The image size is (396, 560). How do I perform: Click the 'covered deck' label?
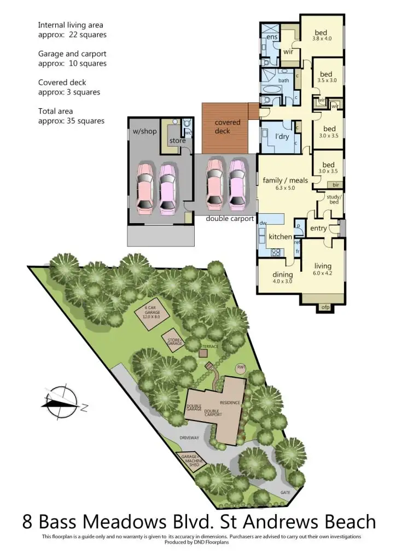227,126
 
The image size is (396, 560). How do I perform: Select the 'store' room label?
177,141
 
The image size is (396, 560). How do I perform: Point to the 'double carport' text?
230,218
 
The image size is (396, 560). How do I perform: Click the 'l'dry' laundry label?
282,136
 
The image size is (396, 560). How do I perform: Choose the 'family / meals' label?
286,180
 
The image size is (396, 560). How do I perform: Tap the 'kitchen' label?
280,237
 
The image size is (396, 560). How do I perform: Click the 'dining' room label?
283,275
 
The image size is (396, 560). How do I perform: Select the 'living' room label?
323,266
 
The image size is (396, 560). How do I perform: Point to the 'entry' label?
318,229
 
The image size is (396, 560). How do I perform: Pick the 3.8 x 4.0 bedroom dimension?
322,39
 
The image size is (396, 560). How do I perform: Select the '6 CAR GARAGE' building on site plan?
152,314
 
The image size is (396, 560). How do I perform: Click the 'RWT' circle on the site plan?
241,367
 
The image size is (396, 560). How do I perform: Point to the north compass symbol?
62,404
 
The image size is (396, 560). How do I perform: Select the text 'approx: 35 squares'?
71,121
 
